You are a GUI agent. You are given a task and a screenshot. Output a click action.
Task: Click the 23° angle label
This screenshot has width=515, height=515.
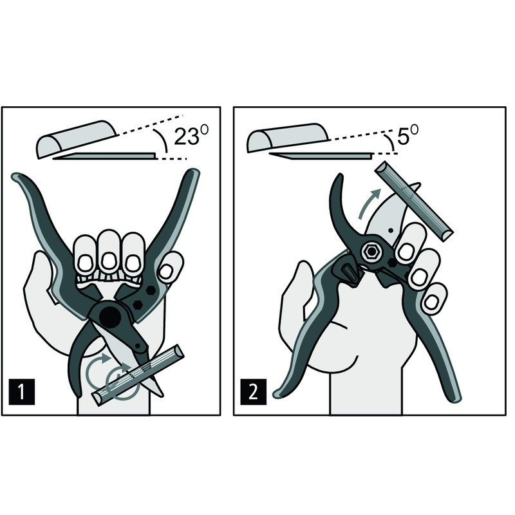191,135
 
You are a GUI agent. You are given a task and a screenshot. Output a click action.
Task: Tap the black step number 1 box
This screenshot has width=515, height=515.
22,391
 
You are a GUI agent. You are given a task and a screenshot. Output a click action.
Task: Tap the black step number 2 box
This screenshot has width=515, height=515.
253,391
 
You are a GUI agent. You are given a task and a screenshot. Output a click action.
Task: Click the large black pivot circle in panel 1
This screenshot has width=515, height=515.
110,317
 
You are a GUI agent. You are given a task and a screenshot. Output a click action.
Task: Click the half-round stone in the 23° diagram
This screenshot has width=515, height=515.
76,138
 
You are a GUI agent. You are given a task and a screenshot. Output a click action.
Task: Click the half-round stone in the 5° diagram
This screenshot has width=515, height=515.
288,137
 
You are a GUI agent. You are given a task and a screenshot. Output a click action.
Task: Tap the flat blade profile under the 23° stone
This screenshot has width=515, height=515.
105,156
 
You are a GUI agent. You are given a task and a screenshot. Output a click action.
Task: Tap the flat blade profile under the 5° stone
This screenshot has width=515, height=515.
320,156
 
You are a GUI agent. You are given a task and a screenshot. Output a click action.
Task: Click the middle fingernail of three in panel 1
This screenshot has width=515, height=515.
108,261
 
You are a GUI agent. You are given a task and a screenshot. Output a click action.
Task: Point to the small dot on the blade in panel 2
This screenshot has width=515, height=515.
390,230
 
